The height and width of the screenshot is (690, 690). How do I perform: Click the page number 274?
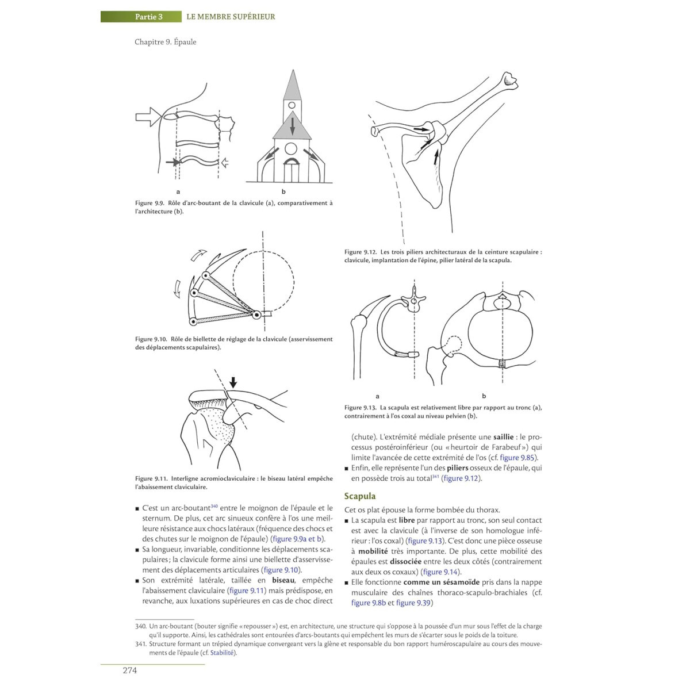tap(129, 670)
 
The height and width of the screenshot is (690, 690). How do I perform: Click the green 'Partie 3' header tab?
tap(149, 17)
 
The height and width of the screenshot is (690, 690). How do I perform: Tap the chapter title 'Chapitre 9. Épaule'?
tap(166, 42)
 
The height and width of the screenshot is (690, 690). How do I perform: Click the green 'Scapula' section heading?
tap(360, 496)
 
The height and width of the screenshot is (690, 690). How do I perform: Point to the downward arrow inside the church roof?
tap(292, 125)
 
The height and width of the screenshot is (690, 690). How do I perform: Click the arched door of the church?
tap(292, 170)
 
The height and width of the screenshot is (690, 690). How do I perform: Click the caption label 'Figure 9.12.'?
tap(361, 252)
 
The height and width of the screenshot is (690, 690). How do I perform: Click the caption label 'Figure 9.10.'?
tap(151, 339)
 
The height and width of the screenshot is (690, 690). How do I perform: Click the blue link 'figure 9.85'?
tap(519, 458)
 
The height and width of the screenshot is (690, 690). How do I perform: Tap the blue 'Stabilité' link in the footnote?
tap(223, 653)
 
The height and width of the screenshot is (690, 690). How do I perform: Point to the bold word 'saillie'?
tap(504, 437)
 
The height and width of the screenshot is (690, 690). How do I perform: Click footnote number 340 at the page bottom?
tap(140, 626)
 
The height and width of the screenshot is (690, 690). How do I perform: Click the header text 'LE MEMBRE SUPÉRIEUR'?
tap(231, 17)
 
